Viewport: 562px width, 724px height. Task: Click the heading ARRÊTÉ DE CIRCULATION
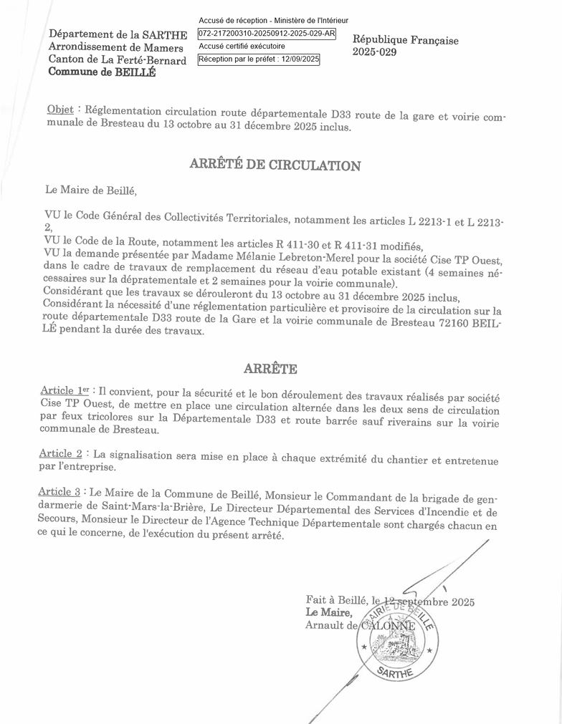[275, 165]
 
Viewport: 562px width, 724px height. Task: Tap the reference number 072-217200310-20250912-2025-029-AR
[266, 34]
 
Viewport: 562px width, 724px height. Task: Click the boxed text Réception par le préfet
[259, 59]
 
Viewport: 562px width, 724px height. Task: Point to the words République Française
[405, 40]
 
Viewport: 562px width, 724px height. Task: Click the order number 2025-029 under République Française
[374, 52]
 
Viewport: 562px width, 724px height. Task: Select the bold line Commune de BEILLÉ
[101, 72]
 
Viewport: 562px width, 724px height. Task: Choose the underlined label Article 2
[61, 453]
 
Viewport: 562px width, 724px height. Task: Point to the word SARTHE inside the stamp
[396, 671]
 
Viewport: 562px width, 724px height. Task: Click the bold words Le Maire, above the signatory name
[329, 612]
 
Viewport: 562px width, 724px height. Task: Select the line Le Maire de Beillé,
[90, 190]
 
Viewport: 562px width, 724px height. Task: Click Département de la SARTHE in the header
[118, 34]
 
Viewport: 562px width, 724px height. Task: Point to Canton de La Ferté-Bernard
[117, 60]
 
